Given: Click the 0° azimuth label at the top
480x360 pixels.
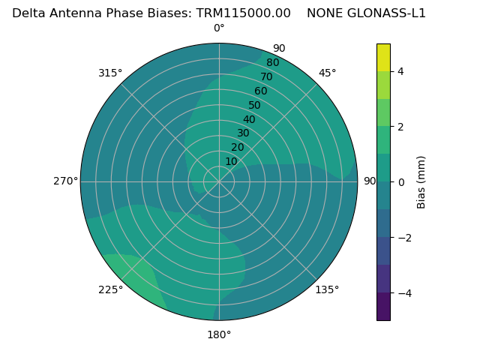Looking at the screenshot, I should [x=219, y=28].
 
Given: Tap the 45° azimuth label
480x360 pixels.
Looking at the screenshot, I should [x=327, y=73].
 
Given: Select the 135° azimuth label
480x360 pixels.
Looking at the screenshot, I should [x=327, y=289].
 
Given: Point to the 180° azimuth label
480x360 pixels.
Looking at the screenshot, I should [x=219, y=334].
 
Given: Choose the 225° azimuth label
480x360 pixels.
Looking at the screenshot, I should [x=110, y=289].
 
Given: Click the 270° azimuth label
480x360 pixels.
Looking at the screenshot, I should [x=65, y=181].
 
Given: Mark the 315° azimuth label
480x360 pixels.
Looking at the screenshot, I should [x=110, y=73].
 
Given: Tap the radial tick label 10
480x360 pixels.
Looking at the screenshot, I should [x=231, y=161].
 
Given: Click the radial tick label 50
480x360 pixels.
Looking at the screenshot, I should [x=255, y=106].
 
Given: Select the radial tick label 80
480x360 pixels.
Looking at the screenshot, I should [x=272, y=63].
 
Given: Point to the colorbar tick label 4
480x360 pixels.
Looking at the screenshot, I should [x=401, y=72].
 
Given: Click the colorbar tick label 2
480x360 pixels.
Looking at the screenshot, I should [x=401, y=127].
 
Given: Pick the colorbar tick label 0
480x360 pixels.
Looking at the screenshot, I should [x=401, y=182].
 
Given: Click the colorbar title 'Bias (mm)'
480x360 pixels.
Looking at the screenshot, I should [x=421, y=182].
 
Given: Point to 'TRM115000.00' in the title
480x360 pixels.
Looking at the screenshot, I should [x=244, y=13].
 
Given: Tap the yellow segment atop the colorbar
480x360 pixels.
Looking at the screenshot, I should [x=384, y=58].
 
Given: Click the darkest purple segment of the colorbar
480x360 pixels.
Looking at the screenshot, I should [x=384, y=307].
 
